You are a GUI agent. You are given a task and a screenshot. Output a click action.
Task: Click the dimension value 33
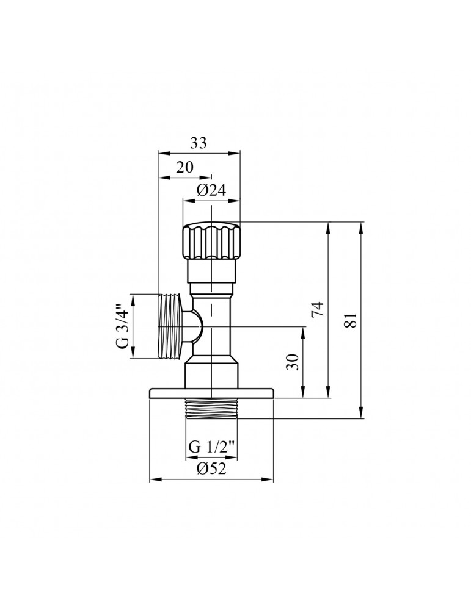(x=198, y=143)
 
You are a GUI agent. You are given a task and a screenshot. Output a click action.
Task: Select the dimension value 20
(x=185, y=168)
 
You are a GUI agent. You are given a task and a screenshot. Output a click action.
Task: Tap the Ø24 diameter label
(x=211, y=190)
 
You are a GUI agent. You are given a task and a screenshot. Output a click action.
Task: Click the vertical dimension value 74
(x=316, y=310)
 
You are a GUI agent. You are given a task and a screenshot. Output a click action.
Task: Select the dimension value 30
(x=291, y=362)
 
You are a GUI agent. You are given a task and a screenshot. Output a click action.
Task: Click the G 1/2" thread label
(x=211, y=446)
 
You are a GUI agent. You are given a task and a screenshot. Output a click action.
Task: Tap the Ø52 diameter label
(x=211, y=468)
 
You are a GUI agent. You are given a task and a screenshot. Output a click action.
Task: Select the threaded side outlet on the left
(x=170, y=326)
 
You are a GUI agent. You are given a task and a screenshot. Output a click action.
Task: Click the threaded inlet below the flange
(x=211, y=409)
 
